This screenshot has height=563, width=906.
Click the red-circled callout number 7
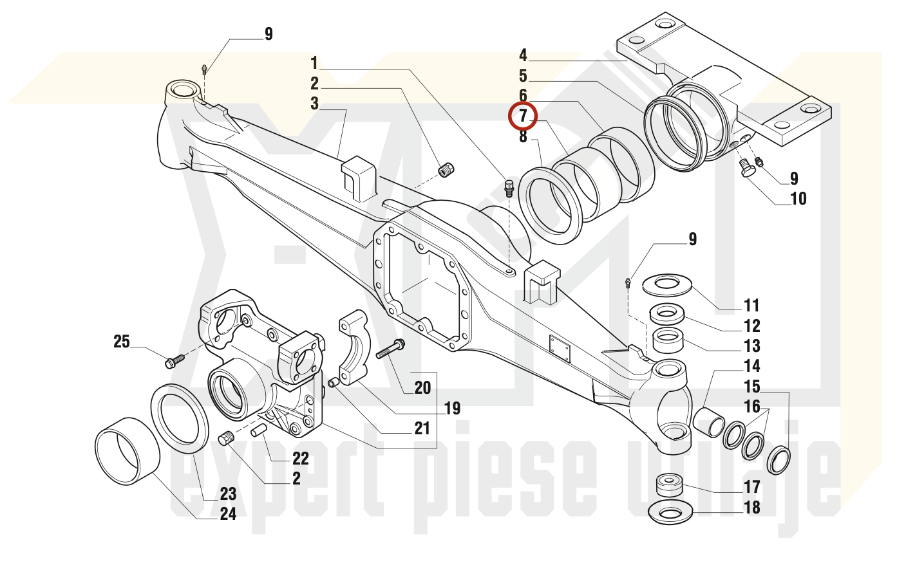pos(523,116)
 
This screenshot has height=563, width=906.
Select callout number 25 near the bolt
pos(121,342)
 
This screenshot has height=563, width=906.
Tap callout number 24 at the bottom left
pos(228,514)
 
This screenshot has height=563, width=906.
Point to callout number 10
pos(798,198)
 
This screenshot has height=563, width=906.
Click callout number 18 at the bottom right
pos(752,507)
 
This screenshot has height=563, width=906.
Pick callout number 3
pos(315,104)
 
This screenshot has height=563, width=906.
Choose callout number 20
pos(422,388)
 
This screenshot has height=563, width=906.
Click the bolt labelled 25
pos(175,361)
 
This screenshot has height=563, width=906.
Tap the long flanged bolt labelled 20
pos(390,349)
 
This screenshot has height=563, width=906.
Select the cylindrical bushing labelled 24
pos(127,451)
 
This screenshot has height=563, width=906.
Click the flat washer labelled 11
pos(667,285)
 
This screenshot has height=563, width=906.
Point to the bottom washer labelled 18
pos(670,512)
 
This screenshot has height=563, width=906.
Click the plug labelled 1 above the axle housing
pos(509,189)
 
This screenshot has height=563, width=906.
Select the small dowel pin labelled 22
pos(258,430)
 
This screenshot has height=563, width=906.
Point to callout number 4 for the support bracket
pos(523,55)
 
